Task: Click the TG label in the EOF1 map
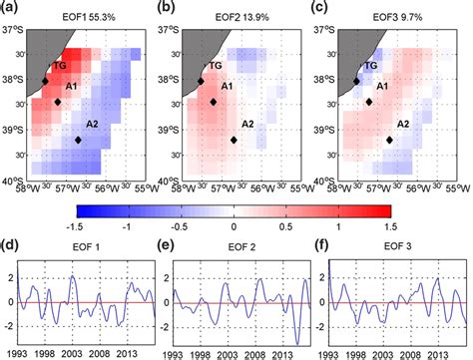[x=53, y=66]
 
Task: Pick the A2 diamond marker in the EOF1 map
[x=79, y=141]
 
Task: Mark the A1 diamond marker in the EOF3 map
[x=370, y=102]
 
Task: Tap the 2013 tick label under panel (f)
[x=439, y=352]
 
